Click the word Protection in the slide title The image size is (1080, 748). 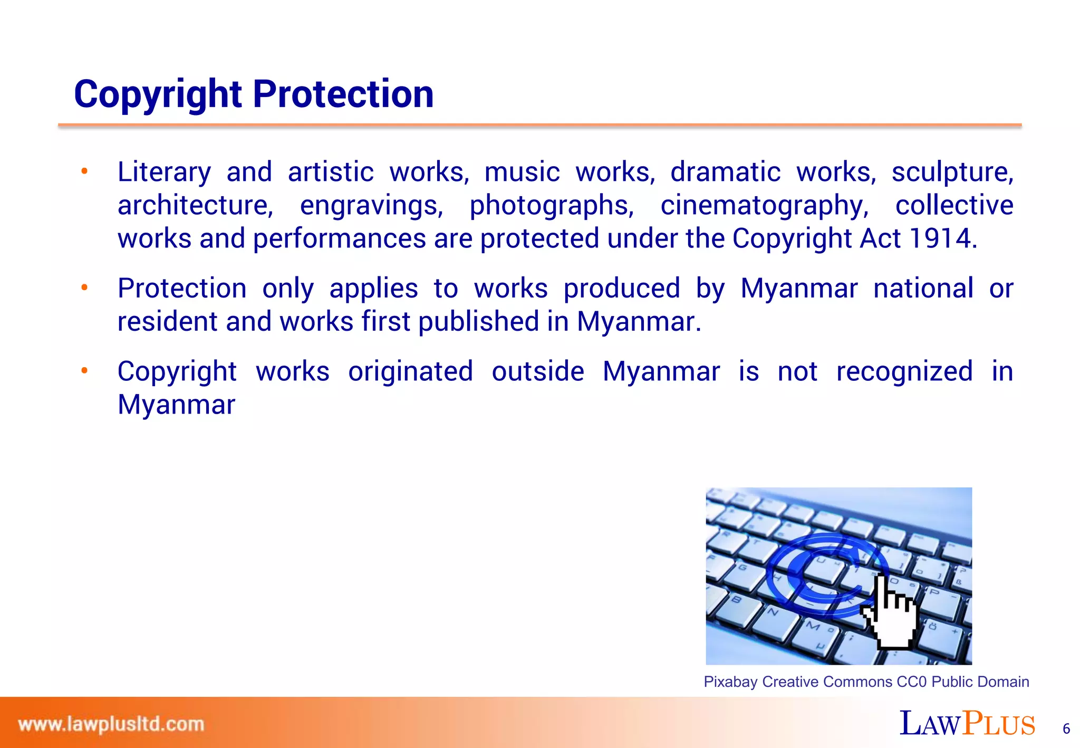343,94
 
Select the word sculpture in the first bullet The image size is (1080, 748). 952,172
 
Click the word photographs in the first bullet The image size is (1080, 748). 551,206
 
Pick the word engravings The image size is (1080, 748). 371,206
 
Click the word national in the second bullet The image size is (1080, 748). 923,289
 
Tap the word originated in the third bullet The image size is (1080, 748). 410,371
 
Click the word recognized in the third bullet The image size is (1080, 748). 904,371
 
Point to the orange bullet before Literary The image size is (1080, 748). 84,171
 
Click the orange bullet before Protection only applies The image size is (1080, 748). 84,288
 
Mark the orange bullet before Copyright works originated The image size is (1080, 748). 84,371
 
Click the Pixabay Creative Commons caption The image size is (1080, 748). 866,682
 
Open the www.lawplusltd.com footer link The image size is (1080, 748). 111,724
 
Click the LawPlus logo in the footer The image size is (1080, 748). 967,724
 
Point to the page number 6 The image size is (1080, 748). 1066,729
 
